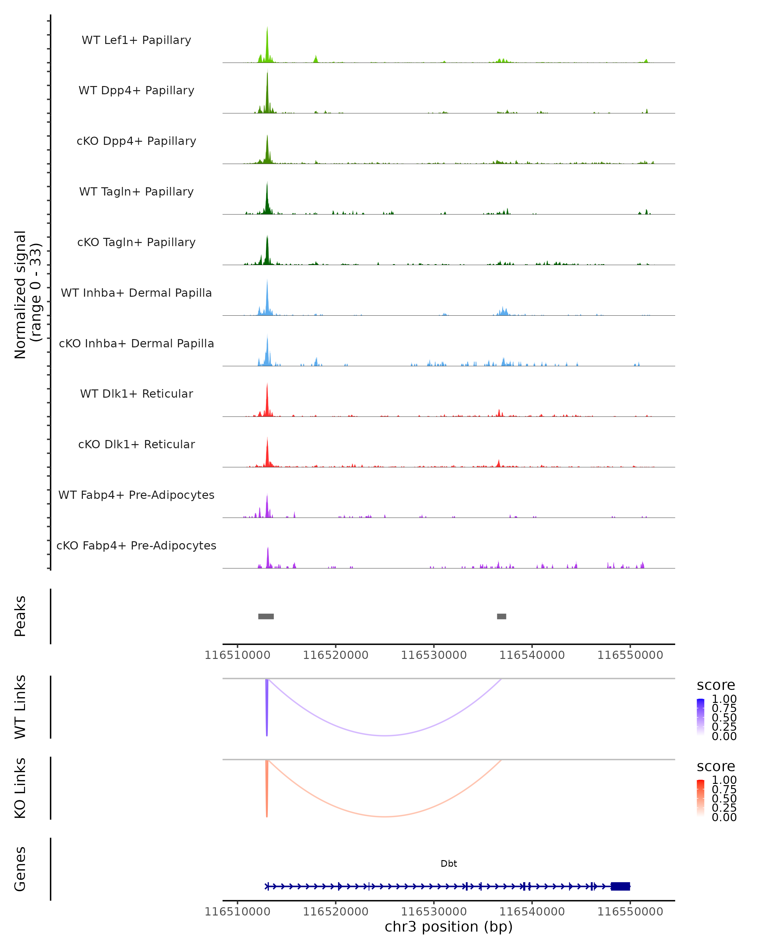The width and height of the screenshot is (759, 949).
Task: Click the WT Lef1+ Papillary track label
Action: coord(136,40)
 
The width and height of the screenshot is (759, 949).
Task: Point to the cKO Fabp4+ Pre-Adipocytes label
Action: coord(136,545)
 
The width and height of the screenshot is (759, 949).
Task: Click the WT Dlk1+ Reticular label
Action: coord(136,394)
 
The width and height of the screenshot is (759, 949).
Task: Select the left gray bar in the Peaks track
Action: coord(266,616)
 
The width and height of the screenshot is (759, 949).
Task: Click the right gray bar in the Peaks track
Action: coord(501,616)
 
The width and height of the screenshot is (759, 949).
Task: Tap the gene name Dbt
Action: coord(449,864)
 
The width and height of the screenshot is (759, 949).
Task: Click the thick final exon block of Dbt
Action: coord(620,886)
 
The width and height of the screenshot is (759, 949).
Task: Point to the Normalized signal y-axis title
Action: coord(27,295)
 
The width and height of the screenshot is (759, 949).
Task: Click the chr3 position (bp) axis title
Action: coord(448,927)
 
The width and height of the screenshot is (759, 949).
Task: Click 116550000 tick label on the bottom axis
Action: coord(630,912)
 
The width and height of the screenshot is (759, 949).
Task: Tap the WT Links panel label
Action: coord(20,707)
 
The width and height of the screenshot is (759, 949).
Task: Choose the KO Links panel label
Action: coord(20,788)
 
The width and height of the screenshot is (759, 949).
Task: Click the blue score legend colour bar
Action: coord(700,717)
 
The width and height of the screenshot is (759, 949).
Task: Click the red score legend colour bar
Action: coord(700,798)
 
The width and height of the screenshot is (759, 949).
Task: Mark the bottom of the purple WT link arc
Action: coord(385,735)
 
